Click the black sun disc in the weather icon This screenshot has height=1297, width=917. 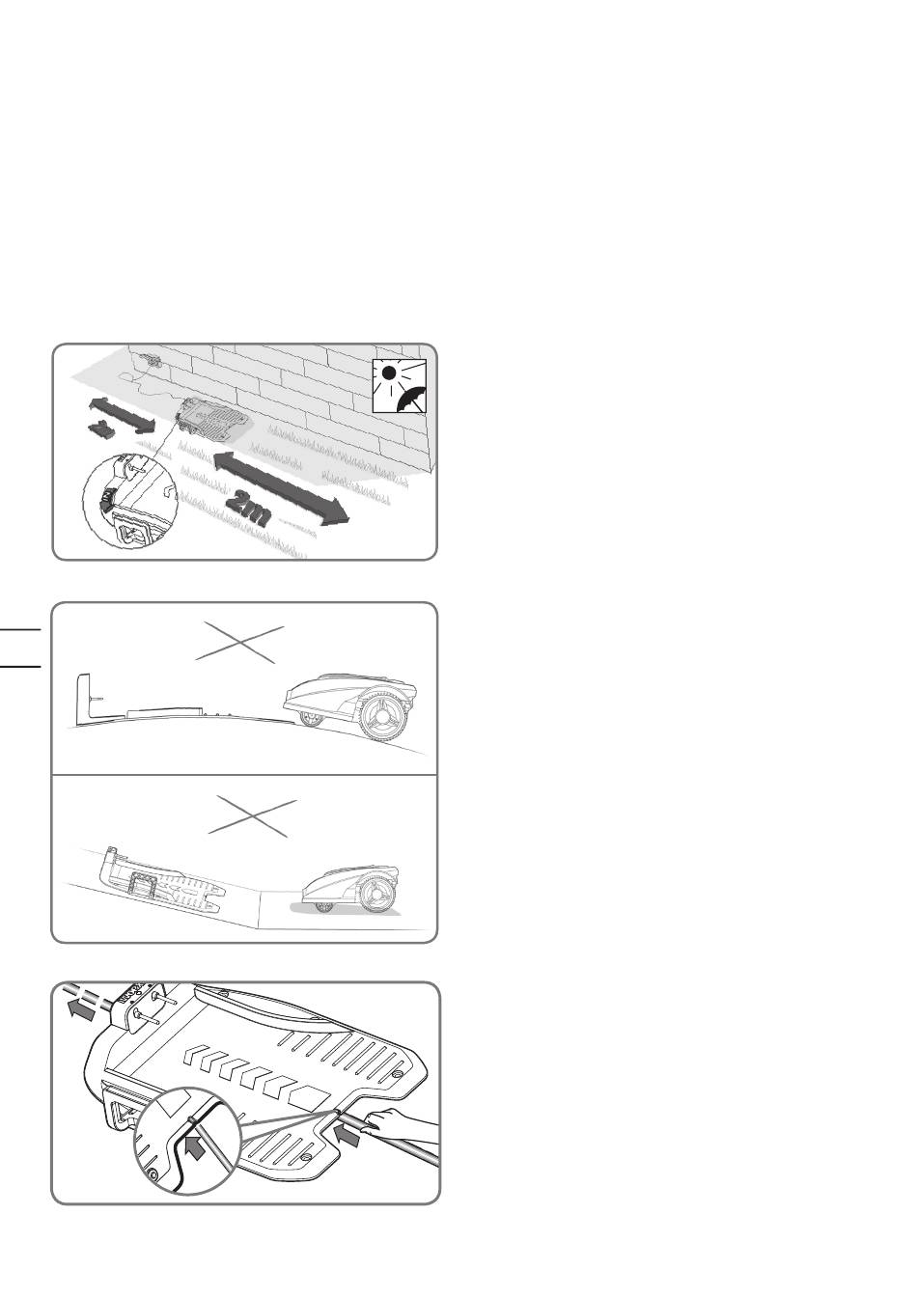pos(388,373)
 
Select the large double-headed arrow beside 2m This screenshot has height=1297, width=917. pos(282,489)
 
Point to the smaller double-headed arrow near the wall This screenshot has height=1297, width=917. pos(123,415)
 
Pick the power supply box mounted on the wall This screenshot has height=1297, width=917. pos(151,360)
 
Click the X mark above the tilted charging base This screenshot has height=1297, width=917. pos(253,817)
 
